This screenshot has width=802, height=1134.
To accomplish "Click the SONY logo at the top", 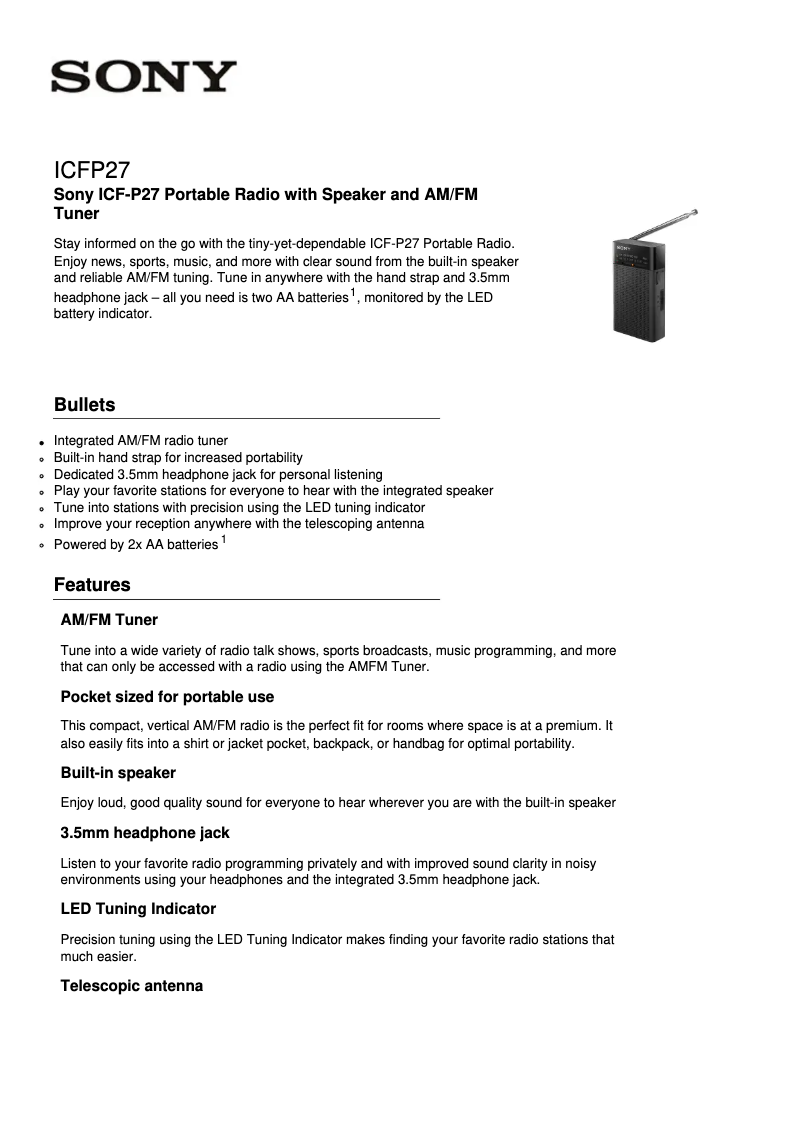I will [x=145, y=77].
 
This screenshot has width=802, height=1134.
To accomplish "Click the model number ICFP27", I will [x=92, y=169].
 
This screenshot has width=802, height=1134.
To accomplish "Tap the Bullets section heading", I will [x=85, y=405].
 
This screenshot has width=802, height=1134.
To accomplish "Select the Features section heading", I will [x=92, y=585].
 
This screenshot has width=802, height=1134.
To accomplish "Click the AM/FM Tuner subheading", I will [x=109, y=620].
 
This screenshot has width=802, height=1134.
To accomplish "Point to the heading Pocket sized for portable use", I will [x=167, y=697].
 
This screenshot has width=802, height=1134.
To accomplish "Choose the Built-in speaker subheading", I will [x=118, y=773].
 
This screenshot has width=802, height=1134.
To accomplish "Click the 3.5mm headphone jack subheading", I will [x=145, y=833].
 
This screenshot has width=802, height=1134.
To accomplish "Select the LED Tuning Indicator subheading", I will [x=138, y=909].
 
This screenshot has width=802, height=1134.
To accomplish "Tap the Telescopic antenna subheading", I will [x=132, y=986].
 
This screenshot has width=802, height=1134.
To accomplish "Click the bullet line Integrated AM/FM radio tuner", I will [x=141, y=440].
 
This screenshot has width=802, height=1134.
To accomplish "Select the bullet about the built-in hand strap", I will [x=178, y=457].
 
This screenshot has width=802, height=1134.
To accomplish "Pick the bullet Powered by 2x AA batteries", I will [x=136, y=545].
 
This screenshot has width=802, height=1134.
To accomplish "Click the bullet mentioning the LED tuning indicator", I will [x=239, y=507].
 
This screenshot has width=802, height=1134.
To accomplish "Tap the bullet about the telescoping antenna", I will [x=239, y=524].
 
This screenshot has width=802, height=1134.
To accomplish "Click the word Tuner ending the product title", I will [x=76, y=214].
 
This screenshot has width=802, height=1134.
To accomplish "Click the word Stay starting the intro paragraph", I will [x=68, y=244].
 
